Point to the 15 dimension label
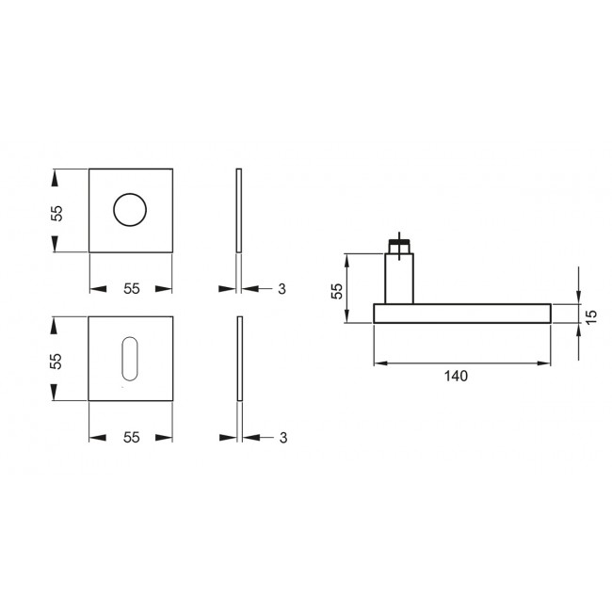(x=591, y=314)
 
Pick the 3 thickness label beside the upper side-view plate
(x=281, y=289)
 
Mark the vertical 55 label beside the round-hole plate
(x=56, y=212)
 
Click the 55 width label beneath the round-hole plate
(x=131, y=289)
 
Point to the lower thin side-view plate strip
(x=239, y=359)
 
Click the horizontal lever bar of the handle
(x=461, y=314)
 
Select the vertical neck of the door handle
(x=400, y=280)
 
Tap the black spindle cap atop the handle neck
(x=400, y=250)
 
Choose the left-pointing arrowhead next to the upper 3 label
(x=254, y=289)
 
